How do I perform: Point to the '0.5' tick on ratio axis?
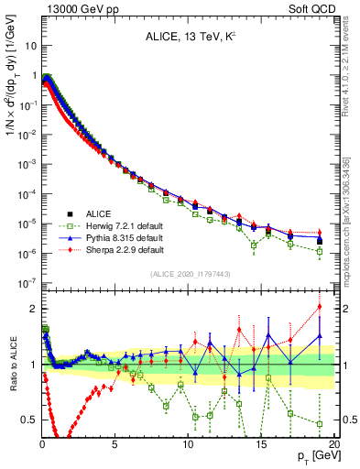pos(27,420)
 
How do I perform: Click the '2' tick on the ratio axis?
pos(32,309)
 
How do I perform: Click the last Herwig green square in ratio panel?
pos(319,423)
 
